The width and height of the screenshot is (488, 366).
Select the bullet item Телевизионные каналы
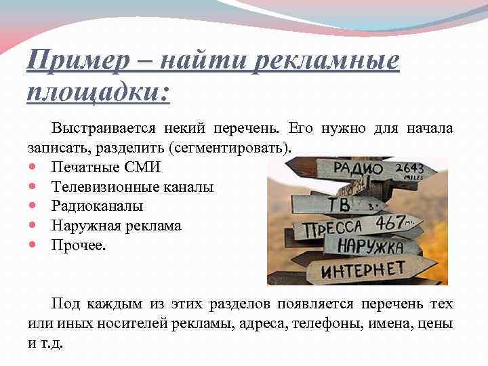132,186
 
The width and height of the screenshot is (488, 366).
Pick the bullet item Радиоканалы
97,206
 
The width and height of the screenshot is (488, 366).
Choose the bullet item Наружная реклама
116,226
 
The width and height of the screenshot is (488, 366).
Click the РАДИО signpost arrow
352,169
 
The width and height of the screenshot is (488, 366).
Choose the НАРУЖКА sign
369,245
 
